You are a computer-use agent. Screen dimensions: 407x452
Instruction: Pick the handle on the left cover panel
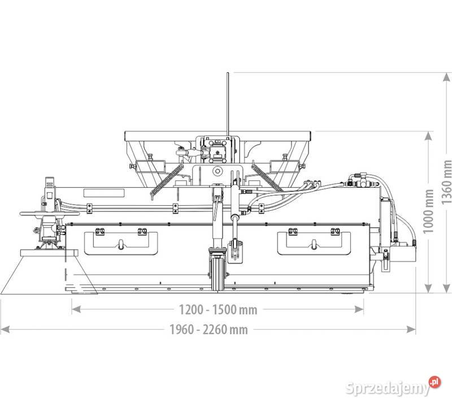[x=120, y=244]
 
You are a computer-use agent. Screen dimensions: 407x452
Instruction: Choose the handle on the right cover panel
[x=313, y=244]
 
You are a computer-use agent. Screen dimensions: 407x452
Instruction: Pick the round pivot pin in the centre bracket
[x=216, y=171]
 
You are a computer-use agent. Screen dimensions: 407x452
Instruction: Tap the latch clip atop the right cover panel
[x=293, y=231]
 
